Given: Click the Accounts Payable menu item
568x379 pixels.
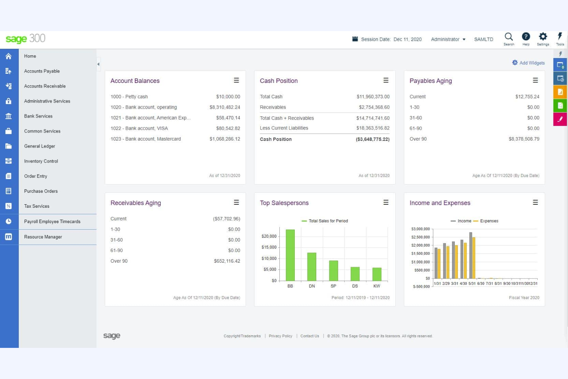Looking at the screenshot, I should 42,71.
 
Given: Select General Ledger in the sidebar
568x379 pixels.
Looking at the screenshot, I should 40,146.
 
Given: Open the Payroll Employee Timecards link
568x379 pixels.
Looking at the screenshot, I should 52,222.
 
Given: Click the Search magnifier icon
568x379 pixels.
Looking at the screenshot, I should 509,37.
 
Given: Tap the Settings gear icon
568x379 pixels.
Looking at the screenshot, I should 543,37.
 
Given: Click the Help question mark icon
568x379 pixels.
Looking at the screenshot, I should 526,37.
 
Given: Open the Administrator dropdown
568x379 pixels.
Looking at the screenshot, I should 448,39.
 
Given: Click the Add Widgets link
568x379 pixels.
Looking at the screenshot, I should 532,63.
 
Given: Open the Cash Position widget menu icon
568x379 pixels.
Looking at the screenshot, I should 386,80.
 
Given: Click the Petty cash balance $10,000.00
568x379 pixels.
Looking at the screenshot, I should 228,97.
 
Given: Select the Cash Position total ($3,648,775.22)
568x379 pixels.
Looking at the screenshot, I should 372,139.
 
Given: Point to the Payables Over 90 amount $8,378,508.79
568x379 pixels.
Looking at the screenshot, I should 524,139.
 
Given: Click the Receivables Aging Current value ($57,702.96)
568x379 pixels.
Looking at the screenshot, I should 226,219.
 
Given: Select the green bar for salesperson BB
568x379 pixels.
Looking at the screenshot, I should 290,255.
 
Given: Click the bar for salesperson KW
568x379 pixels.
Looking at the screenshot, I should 377,274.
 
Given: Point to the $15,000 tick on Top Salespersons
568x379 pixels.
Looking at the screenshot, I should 269,247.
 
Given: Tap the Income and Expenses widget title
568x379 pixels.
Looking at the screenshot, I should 440,203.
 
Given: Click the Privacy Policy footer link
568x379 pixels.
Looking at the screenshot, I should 281,336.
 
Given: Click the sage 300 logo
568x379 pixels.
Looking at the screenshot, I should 26,39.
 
